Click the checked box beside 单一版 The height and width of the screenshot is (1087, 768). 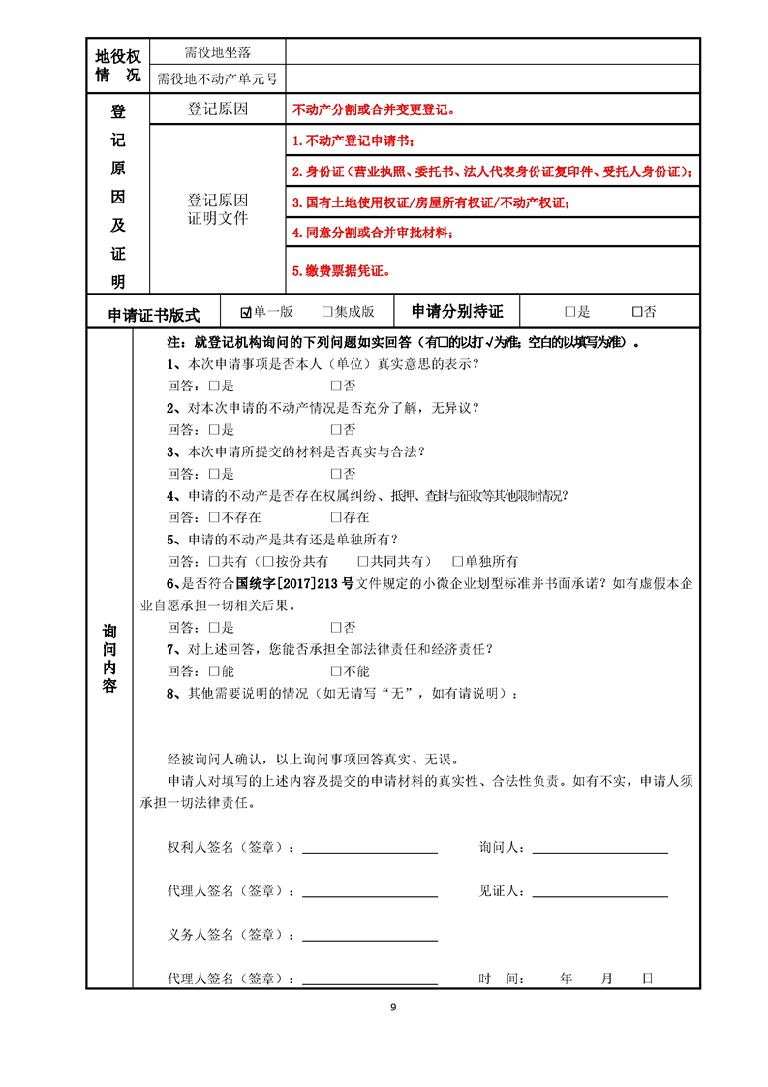pyautogui.click(x=246, y=312)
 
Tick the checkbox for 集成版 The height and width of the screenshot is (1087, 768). pyautogui.click(x=327, y=312)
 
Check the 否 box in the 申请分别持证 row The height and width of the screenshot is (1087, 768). pyautogui.click(x=636, y=312)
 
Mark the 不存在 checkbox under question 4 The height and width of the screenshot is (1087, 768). pyautogui.click(x=214, y=517)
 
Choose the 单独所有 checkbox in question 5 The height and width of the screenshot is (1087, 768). pyautogui.click(x=458, y=561)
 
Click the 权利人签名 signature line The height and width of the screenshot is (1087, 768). pyautogui.click(x=370, y=851)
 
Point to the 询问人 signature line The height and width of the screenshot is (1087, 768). pyautogui.click(x=599, y=851)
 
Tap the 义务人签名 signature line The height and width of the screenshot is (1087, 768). pyautogui.click(x=370, y=938)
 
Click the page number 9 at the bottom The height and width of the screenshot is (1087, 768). pyautogui.click(x=393, y=1007)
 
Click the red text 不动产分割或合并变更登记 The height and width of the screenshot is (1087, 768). pyautogui.click(x=373, y=110)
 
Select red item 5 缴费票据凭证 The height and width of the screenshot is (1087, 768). pyautogui.click(x=341, y=271)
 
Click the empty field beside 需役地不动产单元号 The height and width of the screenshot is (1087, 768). pyautogui.click(x=492, y=78)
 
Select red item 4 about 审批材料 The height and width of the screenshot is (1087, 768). pyautogui.click(x=373, y=233)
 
